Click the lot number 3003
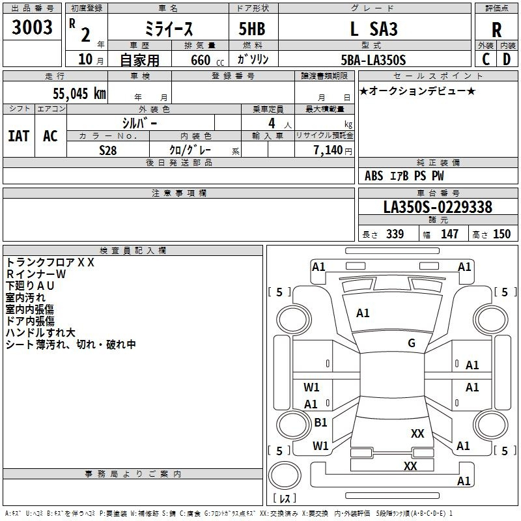click(32, 27)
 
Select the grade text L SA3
click(374, 29)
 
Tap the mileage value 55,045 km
click(79, 94)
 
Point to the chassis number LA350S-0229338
click(438, 207)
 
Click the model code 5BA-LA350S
click(373, 60)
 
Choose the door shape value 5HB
click(252, 29)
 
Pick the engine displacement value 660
click(201, 61)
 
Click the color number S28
click(107, 150)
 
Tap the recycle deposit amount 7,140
click(328, 150)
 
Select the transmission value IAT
click(19, 136)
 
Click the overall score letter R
click(496, 30)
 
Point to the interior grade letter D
click(507, 59)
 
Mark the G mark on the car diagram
click(412, 343)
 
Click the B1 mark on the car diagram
click(320, 422)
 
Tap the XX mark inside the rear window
click(417, 434)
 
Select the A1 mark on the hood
click(363, 313)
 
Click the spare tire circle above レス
click(285, 476)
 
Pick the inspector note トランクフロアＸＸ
click(50, 262)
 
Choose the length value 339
click(395, 234)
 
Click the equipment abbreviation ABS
click(374, 176)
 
